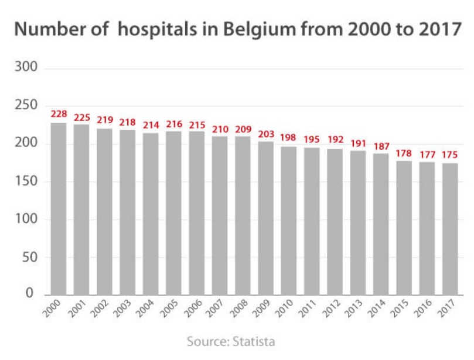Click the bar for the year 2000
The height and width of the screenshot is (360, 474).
point(58,208)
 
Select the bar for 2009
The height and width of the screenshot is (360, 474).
point(265,217)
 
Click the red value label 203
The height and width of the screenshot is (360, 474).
point(265,133)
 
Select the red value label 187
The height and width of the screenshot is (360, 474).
point(381,145)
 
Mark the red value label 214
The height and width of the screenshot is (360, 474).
point(151,125)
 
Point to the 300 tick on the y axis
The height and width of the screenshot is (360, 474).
point(26,68)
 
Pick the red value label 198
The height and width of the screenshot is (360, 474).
point(288,138)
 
